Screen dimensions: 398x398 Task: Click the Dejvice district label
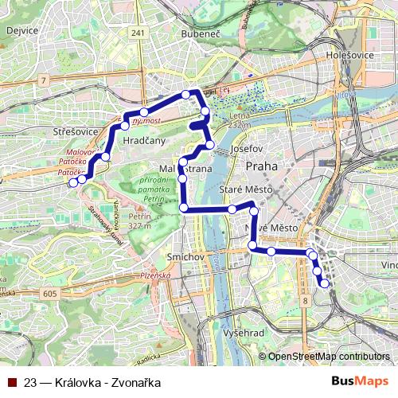coord(22,30)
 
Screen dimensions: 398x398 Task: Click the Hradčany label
coord(144,141)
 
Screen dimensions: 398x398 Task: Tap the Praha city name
coord(261,166)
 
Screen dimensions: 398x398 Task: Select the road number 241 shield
coord(139,33)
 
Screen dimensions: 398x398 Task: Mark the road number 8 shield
coord(305,301)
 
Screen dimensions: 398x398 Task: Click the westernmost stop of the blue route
coord(73,182)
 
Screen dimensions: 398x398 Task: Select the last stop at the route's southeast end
coord(324,283)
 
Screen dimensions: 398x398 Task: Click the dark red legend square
coord(11,382)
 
